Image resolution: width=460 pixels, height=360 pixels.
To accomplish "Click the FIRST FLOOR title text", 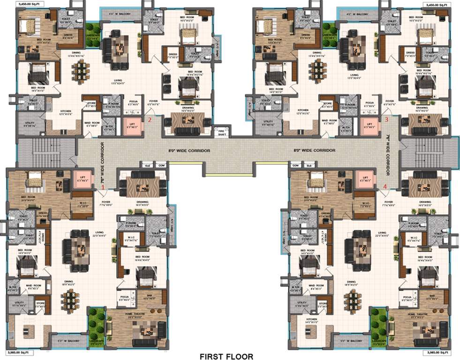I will point(226,357).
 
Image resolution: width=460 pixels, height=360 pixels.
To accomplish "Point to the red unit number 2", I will point(150,120).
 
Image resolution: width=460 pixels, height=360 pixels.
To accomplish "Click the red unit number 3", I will point(386,120).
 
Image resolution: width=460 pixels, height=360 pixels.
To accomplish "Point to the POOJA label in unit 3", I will point(370,102).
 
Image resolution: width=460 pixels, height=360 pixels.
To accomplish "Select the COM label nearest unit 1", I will point(161,165).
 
